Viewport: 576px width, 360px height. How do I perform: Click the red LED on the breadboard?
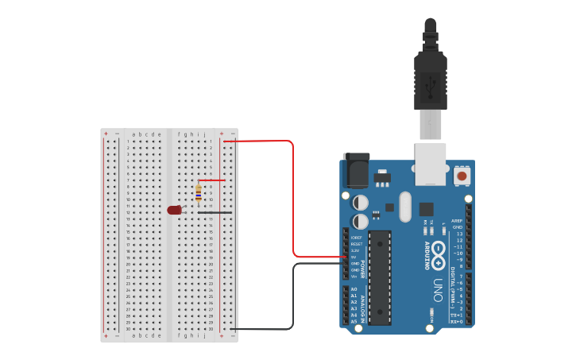(175, 210)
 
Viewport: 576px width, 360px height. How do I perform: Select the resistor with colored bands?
(198, 192)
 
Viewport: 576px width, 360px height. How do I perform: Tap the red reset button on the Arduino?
(462, 174)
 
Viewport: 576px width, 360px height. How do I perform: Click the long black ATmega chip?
(380, 277)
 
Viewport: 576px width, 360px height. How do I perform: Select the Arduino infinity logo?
(438, 248)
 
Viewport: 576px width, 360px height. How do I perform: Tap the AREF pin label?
(457, 221)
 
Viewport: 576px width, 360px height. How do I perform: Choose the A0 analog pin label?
(354, 289)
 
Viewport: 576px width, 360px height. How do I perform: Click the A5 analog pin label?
(354, 321)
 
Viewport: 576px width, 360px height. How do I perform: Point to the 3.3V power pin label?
(355, 250)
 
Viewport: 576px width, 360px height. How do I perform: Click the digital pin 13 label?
(459, 234)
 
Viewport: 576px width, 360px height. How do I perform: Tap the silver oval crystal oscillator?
(405, 207)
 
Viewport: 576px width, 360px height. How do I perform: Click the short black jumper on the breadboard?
(215, 212)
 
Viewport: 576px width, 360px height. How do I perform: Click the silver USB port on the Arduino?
(430, 164)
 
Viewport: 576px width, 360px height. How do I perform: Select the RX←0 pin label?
(457, 322)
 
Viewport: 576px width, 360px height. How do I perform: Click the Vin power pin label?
(354, 277)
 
